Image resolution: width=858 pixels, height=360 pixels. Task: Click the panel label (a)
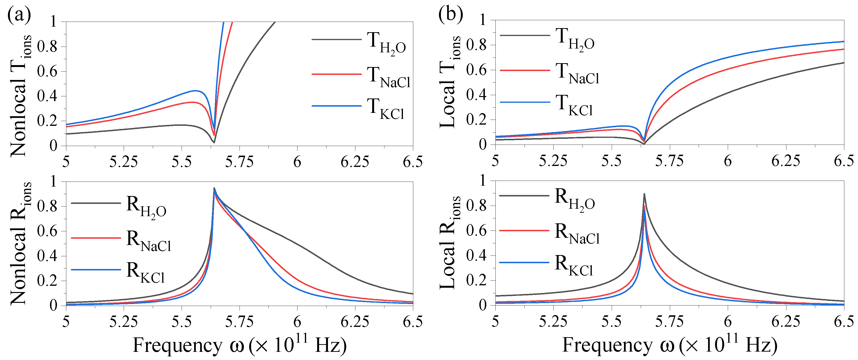click(x=19, y=15)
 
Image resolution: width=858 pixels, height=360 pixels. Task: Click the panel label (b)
click(x=450, y=15)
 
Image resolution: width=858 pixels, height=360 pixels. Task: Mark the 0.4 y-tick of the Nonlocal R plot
click(x=47, y=256)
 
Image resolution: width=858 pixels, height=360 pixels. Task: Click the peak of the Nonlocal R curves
click(x=214, y=188)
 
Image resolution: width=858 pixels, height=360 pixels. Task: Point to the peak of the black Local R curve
click(x=644, y=194)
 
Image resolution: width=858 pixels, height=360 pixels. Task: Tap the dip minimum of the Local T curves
click(x=644, y=143)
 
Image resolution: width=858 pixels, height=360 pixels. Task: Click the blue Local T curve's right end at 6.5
click(x=843, y=42)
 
